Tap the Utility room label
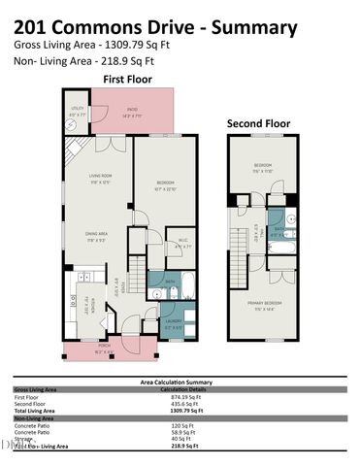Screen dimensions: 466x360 point(76,112)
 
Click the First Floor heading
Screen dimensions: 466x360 point(129,79)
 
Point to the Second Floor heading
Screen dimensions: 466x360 point(259,124)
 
